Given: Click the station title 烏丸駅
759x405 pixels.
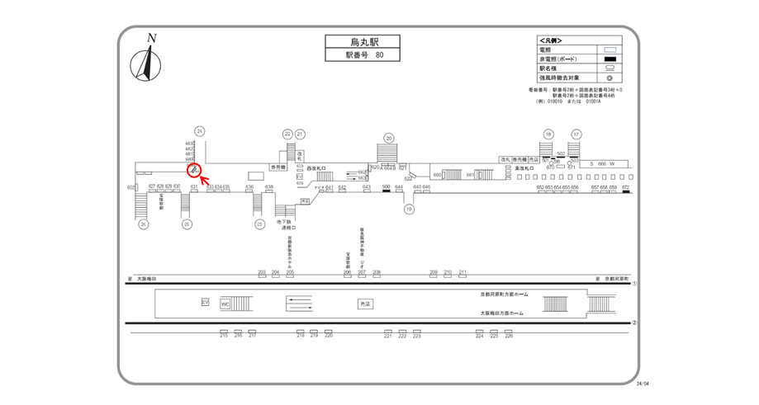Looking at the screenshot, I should tap(351, 41).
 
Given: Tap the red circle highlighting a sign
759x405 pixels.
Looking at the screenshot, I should tap(194, 170).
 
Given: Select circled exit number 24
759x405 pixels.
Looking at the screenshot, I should tap(199, 131).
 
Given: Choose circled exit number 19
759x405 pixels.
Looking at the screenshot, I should tap(408, 210).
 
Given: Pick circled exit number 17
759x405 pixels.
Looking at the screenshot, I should tap(576, 134).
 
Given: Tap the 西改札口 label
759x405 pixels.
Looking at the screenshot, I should tap(318, 167).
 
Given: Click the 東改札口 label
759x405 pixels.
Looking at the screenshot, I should tap(527, 168).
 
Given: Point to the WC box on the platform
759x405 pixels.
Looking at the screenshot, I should tap(225, 304).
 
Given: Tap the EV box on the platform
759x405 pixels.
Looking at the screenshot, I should tap(206, 303).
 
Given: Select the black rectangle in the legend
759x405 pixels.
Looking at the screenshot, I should tap(612, 59).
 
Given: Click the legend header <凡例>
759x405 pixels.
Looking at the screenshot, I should tap(550, 40).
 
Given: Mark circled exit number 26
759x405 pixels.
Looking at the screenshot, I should tap(143, 224).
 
